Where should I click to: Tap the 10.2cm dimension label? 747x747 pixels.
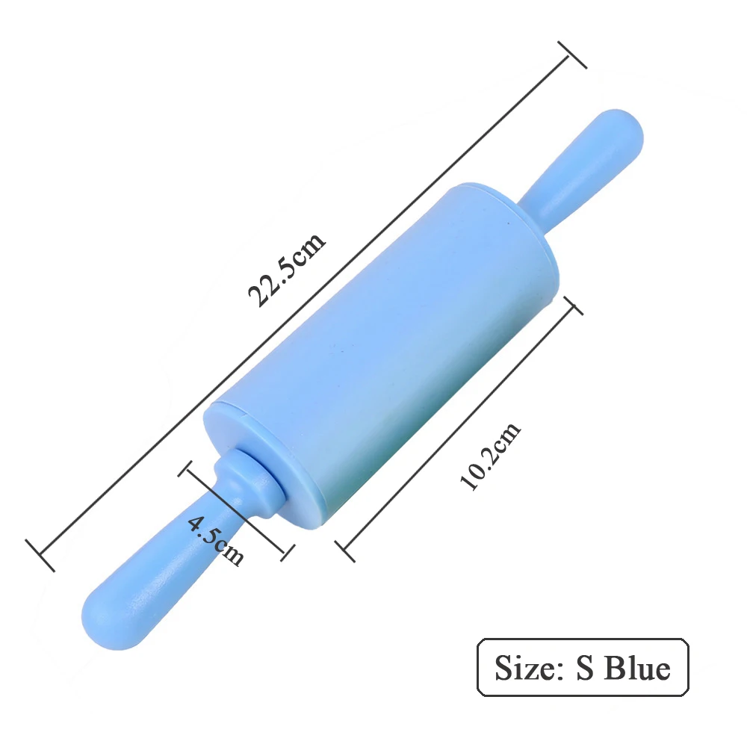coord(490,456)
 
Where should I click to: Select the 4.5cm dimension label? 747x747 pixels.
coord(216,541)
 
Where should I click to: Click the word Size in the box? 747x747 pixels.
coord(525,667)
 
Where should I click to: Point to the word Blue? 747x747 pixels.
coord(637,667)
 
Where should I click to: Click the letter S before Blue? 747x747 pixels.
coord(585,667)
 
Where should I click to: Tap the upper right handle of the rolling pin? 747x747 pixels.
coord(586,167)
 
